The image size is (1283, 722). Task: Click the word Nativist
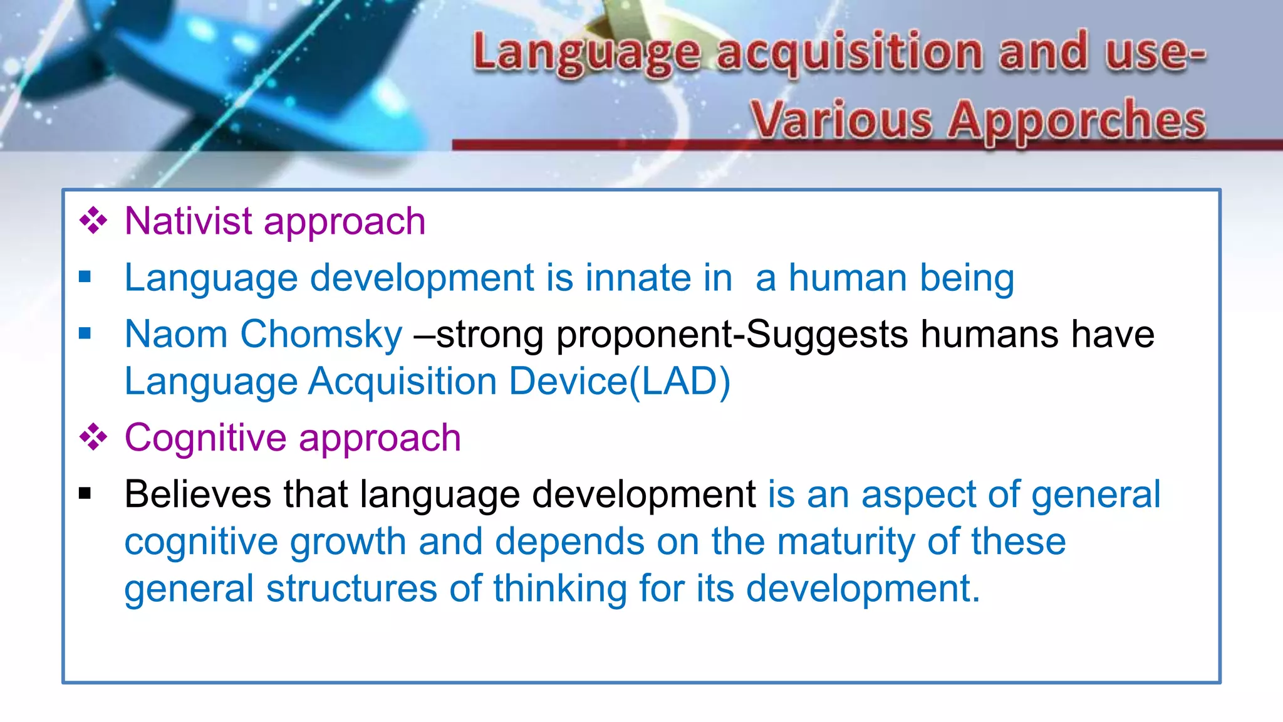coord(188,221)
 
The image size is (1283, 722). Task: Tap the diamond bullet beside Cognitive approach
coord(93,437)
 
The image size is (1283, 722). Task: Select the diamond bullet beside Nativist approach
coord(93,221)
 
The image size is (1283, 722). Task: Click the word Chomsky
coord(321,334)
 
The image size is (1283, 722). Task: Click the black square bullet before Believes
coord(85,494)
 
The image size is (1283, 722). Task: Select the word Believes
coord(198,494)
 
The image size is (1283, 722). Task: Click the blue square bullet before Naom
coord(85,333)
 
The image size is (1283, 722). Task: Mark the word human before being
coord(847,278)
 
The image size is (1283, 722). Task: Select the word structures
coord(351,589)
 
